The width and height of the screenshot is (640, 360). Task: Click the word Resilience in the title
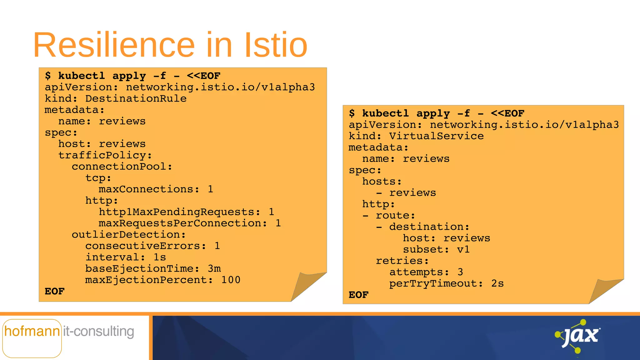[114, 45]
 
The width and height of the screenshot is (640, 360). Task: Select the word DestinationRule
[136, 99]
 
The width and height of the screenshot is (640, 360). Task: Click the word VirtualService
[436, 136]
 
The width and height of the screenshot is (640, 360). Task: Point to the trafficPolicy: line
[105, 155]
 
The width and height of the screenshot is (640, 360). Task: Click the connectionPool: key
[122, 167]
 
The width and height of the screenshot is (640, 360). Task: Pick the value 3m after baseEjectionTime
[214, 269]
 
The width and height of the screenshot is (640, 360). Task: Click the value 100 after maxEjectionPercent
[231, 280]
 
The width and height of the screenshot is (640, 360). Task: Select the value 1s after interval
[160, 257]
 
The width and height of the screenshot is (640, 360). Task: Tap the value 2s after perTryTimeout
[497, 284]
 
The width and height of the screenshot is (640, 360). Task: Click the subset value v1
[463, 250]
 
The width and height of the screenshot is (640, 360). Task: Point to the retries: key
[402, 261]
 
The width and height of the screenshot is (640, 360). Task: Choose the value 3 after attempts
[460, 272]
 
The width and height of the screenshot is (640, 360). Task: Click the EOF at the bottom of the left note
[55, 292]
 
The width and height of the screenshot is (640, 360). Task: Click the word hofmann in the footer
[32, 331]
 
